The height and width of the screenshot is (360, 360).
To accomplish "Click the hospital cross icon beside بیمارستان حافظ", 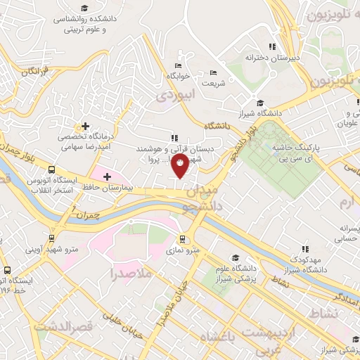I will pos(107,176).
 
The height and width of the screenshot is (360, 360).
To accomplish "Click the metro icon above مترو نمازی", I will pos(183,238).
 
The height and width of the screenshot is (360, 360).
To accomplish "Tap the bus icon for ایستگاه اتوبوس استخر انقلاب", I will pos(51,169).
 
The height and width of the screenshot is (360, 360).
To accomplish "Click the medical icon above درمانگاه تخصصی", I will pos(84,125).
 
